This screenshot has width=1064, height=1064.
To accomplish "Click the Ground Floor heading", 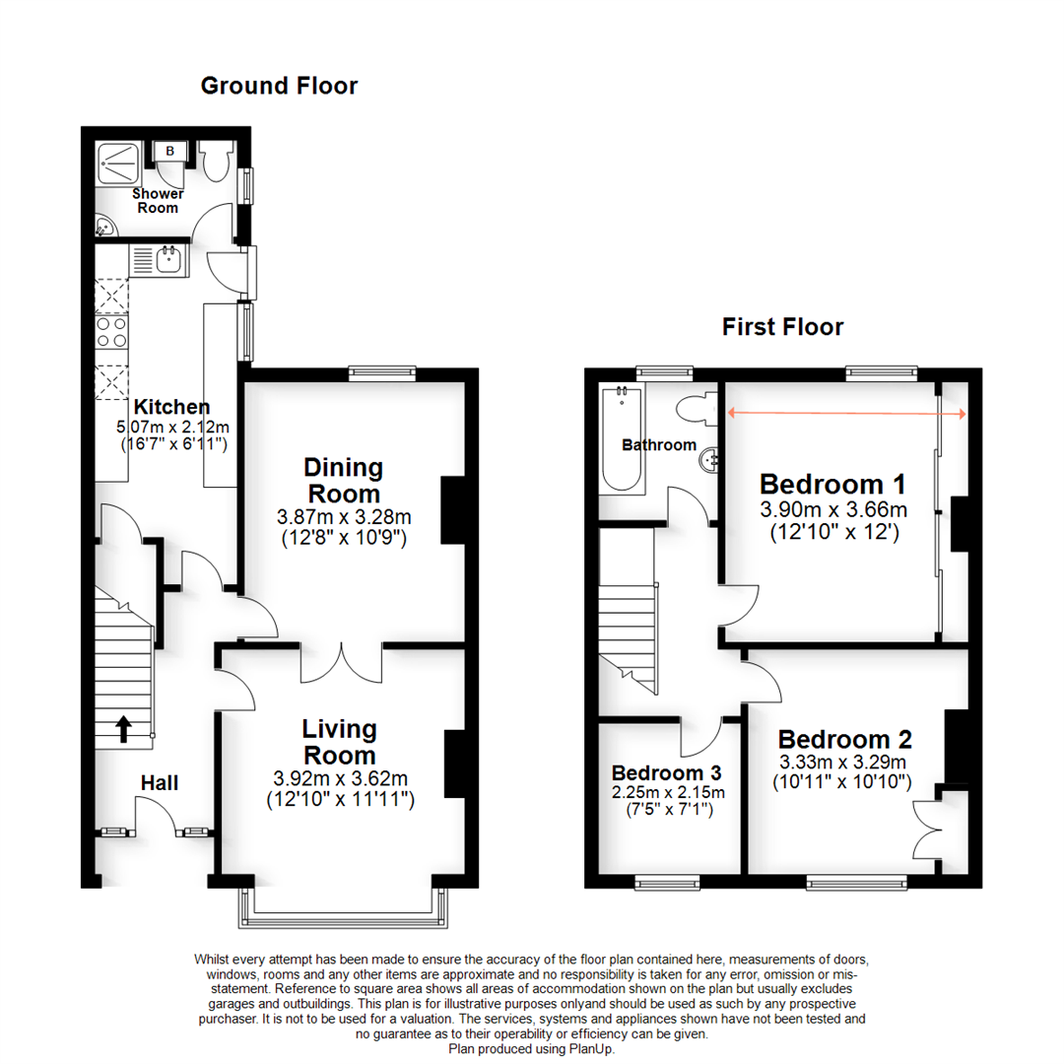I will point(279,86).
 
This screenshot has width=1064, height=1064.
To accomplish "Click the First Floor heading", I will point(782,326).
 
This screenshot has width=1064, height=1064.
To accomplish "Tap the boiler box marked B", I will point(169,151).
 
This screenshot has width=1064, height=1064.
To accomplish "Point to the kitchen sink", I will point(166,260).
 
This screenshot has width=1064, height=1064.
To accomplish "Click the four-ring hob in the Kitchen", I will point(111,332).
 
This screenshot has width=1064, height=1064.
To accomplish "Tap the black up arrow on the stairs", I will point(124,728).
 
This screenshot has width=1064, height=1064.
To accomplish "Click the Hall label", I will point(160,783).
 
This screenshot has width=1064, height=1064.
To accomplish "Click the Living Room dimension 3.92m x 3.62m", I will point(340,779).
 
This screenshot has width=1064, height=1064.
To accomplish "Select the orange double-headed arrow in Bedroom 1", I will point(847,414).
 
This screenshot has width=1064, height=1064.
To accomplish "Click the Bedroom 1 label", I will point(832,485).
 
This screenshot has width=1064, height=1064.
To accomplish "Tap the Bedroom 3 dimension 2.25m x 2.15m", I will point(668,793).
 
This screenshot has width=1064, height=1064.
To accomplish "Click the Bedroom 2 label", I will point(844,739).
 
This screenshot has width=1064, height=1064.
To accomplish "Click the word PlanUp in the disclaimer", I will point(611,1049).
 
